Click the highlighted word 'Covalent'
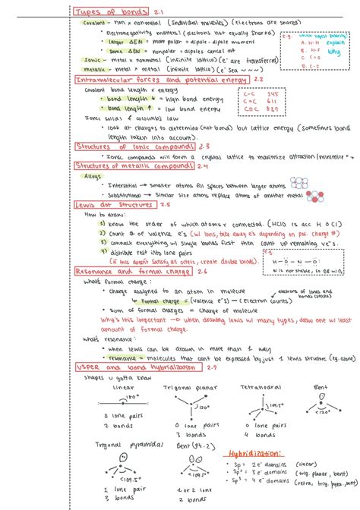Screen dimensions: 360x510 click(95, 23)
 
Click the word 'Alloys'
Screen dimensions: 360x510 click(93, 175)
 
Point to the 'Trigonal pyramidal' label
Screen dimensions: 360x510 click(126, 444)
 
